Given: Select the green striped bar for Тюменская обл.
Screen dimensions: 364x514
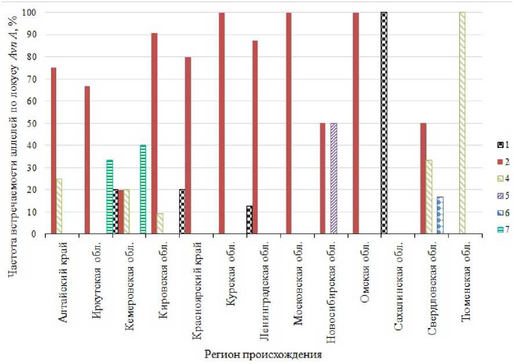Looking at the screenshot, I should pyautogui.click(x=462, y=123).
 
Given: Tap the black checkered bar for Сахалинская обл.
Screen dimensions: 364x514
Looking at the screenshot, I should pyautogui.click(x=384, y=123).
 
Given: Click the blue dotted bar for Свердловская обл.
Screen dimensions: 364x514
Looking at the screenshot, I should pyautogui.click(x=440, y=216).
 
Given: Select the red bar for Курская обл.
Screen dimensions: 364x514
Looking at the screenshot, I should pyautogui.click(x=221, y=123).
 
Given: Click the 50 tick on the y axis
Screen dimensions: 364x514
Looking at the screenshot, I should pyautogui.click(x=35, y=123).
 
